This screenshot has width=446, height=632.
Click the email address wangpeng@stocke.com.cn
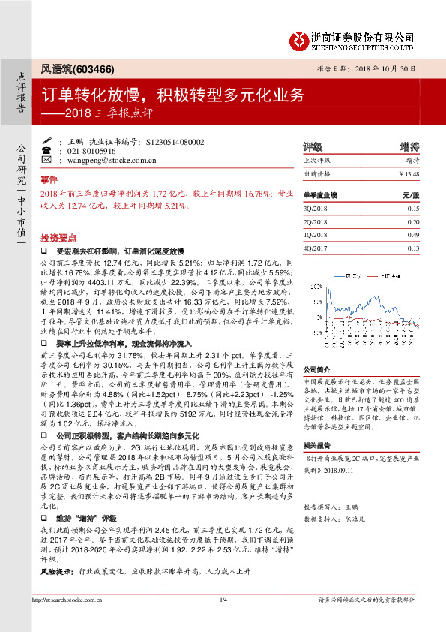pos(103,161)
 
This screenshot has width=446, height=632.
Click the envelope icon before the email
pos(47,161)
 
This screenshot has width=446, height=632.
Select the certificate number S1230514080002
pos(169,141)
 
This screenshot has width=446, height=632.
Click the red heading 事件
pos(48,181)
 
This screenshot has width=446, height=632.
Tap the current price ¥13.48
pos(409,174)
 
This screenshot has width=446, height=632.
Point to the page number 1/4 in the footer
pos(223,619)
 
